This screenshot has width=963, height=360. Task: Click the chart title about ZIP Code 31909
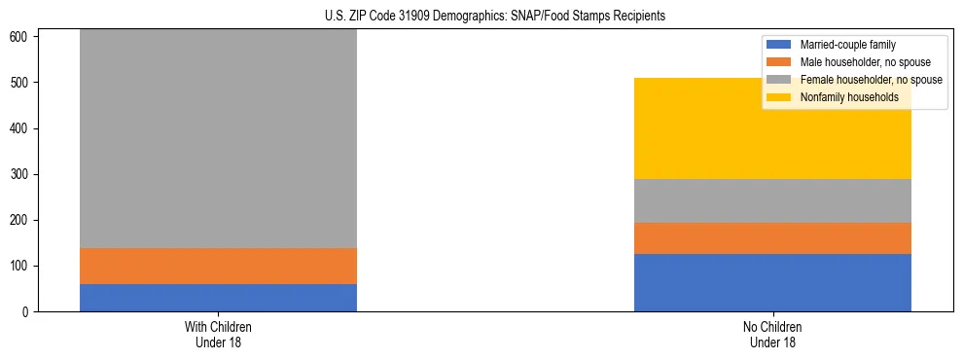click(495, 17)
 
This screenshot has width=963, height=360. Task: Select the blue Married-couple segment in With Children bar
click(218, 298)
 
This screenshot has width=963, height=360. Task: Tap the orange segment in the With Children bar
click(218, 266)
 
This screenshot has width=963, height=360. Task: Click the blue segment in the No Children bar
click(772, 282)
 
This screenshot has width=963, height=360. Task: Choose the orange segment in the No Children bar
click(772, 238)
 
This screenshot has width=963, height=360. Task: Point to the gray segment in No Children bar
click(772, 200)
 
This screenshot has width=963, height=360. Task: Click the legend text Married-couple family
click(847, 45)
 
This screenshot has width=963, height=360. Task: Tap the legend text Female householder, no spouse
click(871, 80)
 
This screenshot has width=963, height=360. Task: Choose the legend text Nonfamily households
click(848, 97)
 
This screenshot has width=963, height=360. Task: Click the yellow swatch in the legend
click(779, 97)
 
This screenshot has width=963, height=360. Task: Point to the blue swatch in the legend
click(779, 45)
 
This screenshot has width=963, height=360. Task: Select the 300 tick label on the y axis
click(22, 175)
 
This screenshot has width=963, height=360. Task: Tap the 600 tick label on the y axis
click(22, 37)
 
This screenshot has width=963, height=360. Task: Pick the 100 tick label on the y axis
click(22, 267)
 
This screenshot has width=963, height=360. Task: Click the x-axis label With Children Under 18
click(218, 335)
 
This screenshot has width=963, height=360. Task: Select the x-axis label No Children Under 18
click(772, 335)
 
